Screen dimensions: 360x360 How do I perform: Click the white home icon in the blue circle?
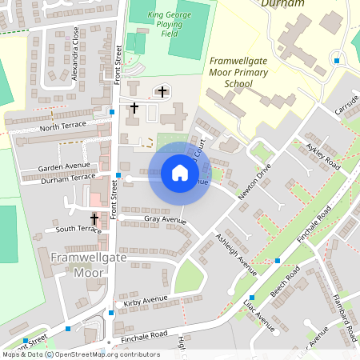click(x=180, y=173)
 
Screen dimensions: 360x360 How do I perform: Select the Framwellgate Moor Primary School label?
click(x=238, y=72)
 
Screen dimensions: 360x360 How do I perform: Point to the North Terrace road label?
click(x=61, y=127)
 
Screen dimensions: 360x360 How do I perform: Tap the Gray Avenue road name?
click(x=165, y=220)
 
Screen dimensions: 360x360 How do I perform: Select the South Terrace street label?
click(x=78, y=230)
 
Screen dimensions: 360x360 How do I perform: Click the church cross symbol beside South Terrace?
click(x=94, y=218)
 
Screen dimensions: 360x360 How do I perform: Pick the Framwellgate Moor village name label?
click(x=78, y=265)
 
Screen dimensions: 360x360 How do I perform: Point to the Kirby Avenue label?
click(x=145, y=301)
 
